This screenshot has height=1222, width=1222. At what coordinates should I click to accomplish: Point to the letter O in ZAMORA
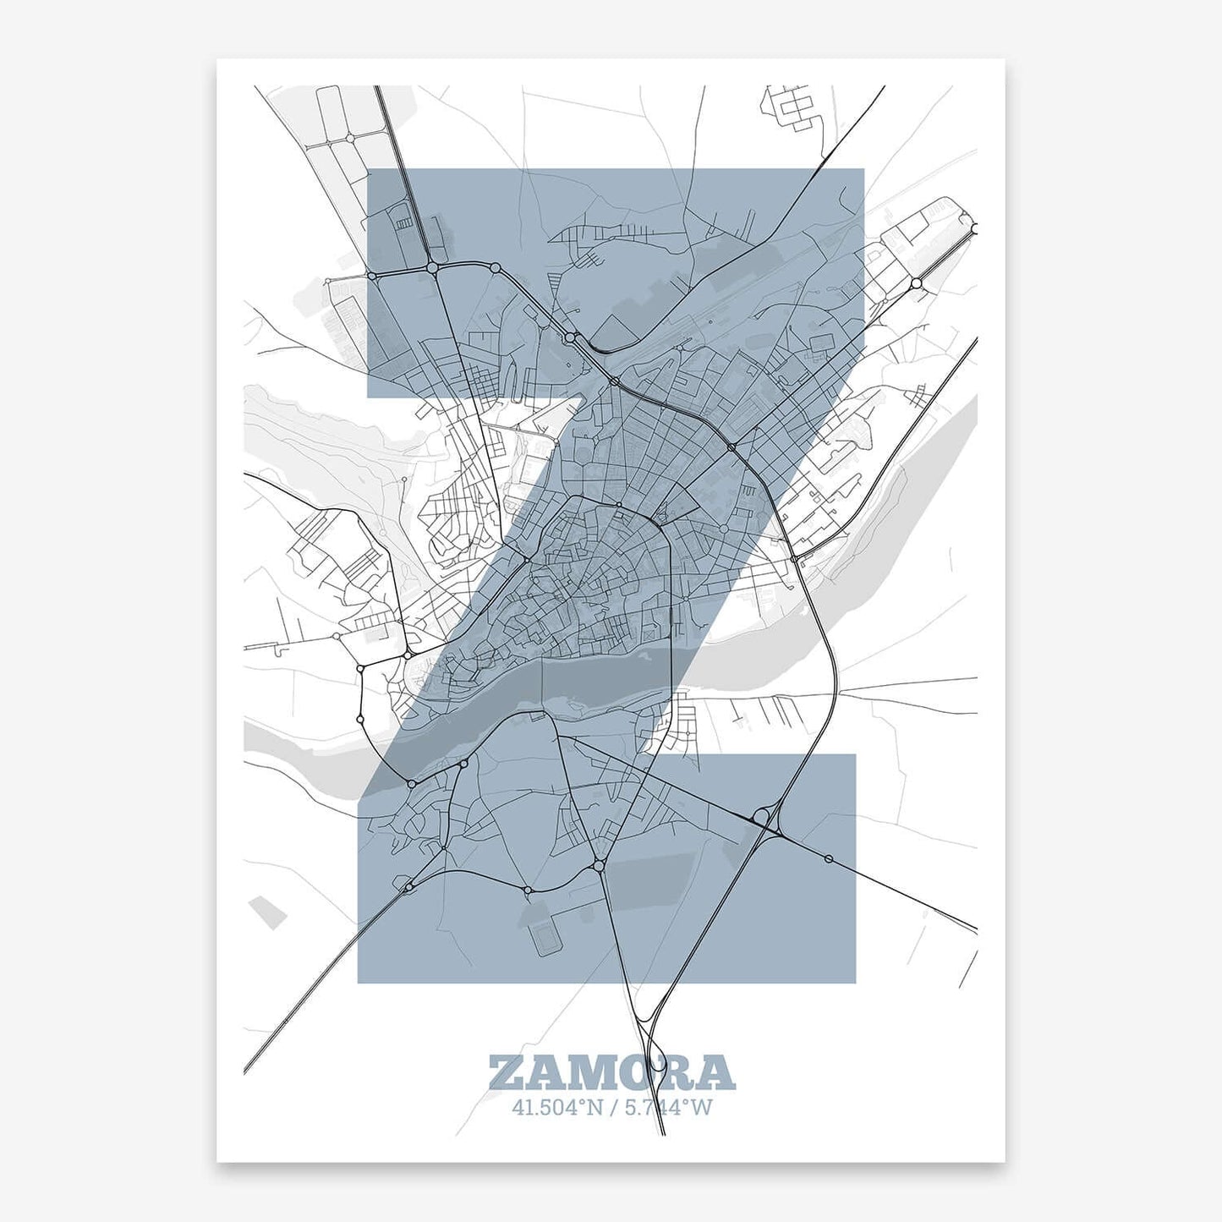point(634,1072)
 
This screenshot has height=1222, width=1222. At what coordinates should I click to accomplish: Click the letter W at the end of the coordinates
point(702,1107)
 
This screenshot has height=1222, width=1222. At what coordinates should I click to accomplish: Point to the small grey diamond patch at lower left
point(268,912)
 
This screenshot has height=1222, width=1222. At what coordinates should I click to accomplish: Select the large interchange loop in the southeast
point(763,817)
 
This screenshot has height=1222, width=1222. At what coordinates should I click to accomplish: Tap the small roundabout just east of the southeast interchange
point(828,859)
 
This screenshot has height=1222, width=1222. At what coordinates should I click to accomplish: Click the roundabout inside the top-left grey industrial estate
point(348,138)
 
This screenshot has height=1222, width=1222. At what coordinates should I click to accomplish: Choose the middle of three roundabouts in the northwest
point(432,268)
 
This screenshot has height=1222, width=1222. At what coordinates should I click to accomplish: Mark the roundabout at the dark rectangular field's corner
point(598,866)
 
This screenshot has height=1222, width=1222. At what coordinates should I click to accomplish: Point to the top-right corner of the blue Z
point(863,169)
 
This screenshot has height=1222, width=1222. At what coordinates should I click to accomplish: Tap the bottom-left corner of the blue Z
point(359,983)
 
